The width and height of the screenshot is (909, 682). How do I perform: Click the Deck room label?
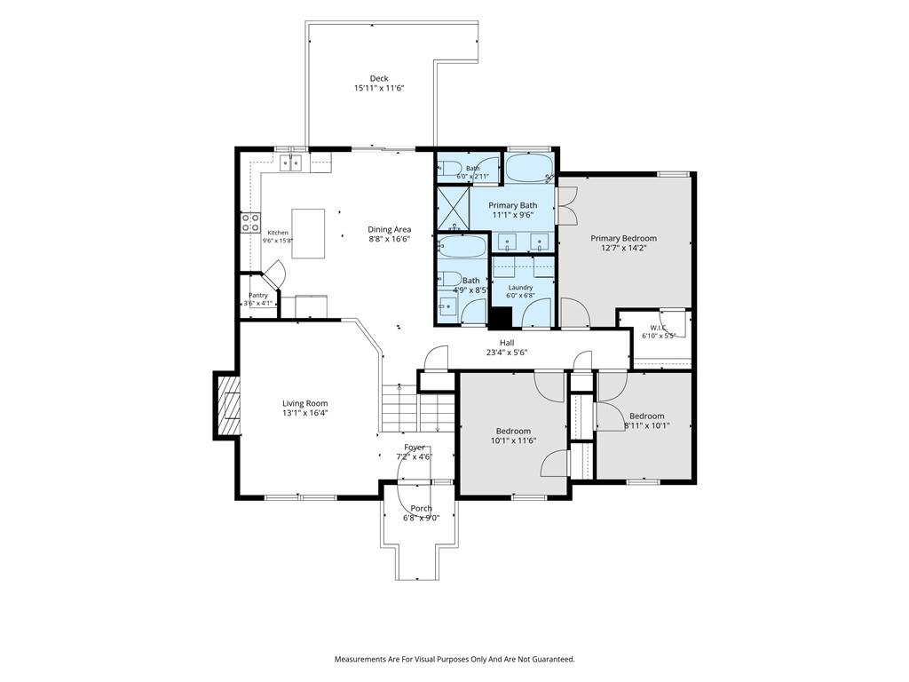pyautogui.click(x=379, y=78)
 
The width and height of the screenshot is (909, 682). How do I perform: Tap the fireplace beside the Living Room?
pyautogui.click(x=228, y=405)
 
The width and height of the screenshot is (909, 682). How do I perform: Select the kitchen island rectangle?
pyautogui.click(x=308, y=234)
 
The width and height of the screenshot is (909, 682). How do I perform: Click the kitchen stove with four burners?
pyautogui.click(x=250, y=223)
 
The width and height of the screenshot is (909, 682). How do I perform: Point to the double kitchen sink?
pyautogui.click(x=292, y=163)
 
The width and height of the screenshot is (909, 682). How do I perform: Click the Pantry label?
pyautogui.click(x=258, y=295)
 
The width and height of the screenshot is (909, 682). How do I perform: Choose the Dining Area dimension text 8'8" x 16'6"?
pyautogui.click(x=390, y=238)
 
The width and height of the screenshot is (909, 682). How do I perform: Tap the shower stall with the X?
pyautogui.click(x=453, y=208)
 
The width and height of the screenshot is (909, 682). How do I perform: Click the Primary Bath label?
pyautogui.click(x=512, y=205)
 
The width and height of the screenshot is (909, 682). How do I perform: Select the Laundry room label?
pyautogui.click(x=520, y=288)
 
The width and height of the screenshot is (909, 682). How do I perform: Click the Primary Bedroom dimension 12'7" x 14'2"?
pyautogui.click(x=624, y=248)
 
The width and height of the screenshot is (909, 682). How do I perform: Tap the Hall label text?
pyautogui.click(x=507, y=343)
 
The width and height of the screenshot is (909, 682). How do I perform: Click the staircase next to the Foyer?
pyautogui.click(x=417, y=408)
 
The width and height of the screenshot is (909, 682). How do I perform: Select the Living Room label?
pyautogui.click(x=305, y=404)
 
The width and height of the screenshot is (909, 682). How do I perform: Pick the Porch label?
pyautogui.click(x=422, y=509)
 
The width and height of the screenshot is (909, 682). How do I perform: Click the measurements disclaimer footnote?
pyautogui.click(x=454, y=660)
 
